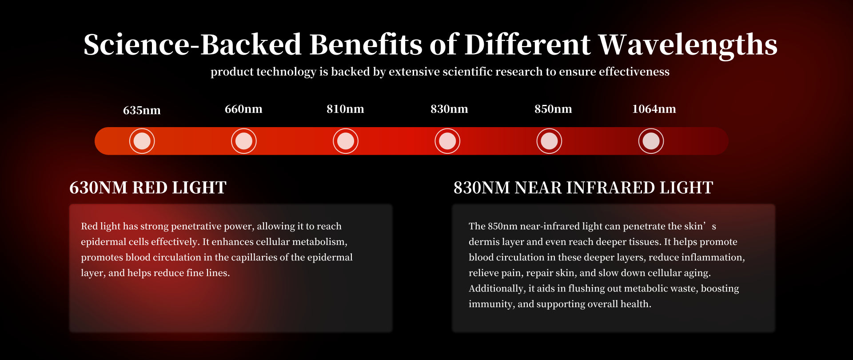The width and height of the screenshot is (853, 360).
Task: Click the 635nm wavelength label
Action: click(x=142, y=110)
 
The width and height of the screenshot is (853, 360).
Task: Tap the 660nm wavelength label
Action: click(x=243, y=109)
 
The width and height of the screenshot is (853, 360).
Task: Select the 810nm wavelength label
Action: click(x=345, y=109)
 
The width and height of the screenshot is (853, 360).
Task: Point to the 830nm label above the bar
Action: click(x=449, y=109)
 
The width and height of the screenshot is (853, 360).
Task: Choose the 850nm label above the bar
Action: click(x=553, y=109)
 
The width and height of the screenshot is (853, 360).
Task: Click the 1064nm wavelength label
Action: click(x=654, y=109)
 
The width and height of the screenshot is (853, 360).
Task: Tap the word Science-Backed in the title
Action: click(x=192, y=44)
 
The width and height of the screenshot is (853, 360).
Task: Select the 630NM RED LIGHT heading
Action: click(x=148, y=188)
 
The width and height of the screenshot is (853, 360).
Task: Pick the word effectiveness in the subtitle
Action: click(x=634, y=72)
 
